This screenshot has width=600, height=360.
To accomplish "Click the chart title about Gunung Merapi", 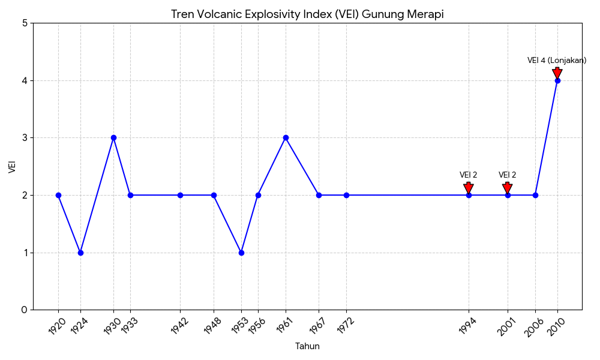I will [307, 14].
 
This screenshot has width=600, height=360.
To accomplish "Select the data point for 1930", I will [113, 138].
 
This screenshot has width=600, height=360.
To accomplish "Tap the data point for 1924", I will [80, 253].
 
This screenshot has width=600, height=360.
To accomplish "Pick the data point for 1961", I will [286, 138].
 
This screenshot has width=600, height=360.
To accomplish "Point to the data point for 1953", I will [241, 253].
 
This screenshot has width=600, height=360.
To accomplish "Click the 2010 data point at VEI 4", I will [557, 80].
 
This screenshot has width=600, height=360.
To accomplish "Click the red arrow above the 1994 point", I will [469, 188].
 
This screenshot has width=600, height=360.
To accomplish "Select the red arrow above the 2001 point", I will [508, 188].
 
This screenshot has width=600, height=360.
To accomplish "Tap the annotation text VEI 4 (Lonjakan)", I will [557, 61].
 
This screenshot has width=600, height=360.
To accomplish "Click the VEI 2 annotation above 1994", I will [469, 175].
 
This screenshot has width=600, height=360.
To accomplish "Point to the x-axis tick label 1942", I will [179, 326].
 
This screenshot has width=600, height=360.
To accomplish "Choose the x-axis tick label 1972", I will [346, 326].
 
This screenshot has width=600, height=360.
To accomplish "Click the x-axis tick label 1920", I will [58, 326].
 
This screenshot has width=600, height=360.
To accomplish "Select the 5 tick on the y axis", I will [25, 23].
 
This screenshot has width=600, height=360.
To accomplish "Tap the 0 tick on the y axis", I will [25, 310].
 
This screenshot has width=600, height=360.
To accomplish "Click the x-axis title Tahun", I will [307, 346].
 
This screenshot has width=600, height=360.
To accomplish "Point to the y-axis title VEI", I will [12, 166].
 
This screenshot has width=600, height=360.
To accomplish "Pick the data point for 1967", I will [319, 195].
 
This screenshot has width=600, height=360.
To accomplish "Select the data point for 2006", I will [535, 195].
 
